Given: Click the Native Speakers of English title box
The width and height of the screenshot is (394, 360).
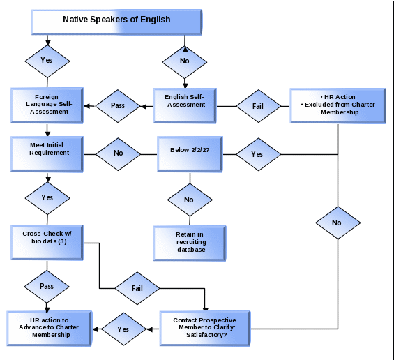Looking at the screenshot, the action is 116,22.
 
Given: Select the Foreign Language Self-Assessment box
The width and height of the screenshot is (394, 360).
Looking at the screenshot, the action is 47,105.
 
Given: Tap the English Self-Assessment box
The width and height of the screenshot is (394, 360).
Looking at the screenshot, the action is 185,105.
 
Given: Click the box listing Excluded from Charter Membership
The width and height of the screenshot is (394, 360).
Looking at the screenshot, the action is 338,105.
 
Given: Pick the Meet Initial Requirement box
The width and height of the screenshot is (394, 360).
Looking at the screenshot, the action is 47,154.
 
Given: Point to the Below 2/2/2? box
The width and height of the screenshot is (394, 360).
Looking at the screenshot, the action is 190,154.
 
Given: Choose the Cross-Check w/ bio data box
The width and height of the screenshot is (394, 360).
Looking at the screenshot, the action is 47,243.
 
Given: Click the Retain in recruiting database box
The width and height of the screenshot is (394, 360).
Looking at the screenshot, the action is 190,243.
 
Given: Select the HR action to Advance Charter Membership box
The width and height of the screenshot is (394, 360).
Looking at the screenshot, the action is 50,329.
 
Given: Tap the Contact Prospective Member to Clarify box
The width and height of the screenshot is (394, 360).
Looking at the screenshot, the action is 205,329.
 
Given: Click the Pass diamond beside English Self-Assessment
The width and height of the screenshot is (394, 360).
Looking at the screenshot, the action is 118,106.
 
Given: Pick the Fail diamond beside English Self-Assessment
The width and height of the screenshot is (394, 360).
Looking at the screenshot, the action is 259,106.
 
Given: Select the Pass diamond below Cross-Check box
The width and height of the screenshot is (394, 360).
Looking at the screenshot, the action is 47,287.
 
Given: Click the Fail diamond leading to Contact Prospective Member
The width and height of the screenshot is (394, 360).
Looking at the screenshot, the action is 137,288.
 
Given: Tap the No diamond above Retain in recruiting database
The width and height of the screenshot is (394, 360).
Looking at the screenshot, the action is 190,200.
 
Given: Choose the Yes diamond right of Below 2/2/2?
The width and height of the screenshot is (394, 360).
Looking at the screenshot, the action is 259,154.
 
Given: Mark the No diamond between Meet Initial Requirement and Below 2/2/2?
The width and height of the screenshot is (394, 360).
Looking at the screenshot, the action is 118,154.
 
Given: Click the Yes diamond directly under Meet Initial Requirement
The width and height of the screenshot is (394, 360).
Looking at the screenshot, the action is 47,198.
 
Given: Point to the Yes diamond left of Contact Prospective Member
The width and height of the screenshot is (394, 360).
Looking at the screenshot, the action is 123,329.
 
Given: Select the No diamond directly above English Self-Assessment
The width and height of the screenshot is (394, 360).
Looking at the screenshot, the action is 185,62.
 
